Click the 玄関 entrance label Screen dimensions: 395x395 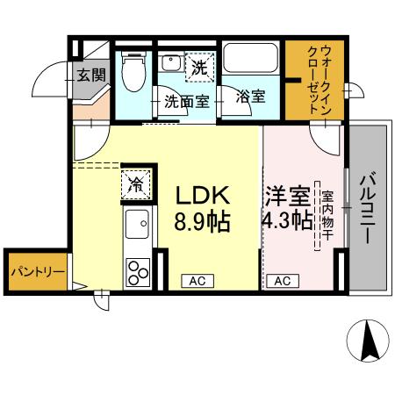coord(90,75)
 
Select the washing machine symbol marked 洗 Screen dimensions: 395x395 coord(198,66)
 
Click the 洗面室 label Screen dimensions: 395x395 coord(187,99)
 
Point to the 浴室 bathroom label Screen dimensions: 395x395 coord(251,97)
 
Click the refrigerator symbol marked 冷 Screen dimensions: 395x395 coord(138,183)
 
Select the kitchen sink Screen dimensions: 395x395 coord(137,230)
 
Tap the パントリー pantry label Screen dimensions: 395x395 coord(36,272)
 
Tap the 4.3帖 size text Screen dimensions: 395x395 coord(287,220)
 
